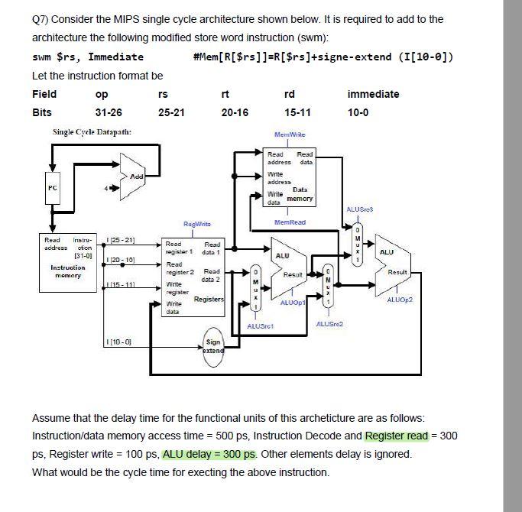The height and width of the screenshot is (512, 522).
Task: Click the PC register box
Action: point(53,187)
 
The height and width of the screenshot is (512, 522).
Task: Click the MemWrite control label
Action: point(290,134)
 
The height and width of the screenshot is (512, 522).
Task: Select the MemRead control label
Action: point(290,222)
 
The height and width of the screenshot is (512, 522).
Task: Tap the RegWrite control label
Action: point(196,224)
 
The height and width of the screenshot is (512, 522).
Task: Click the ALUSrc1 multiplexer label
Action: point(260,326)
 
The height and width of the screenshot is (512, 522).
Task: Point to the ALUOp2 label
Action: point(398,300)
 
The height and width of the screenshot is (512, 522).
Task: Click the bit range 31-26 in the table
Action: point(109,112)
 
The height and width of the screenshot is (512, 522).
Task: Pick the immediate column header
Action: point(373,94)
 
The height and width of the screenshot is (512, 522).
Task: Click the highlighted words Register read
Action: point(396,436)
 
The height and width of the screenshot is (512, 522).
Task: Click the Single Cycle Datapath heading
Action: point(92,132)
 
